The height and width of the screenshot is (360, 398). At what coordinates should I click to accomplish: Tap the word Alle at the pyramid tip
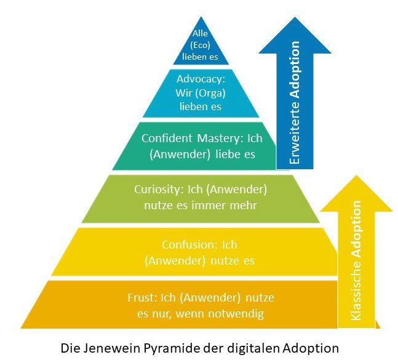(201, 34)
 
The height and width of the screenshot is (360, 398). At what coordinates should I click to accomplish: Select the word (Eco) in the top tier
(201, 45)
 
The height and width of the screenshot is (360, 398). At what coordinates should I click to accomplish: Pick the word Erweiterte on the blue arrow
(295, 138)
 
